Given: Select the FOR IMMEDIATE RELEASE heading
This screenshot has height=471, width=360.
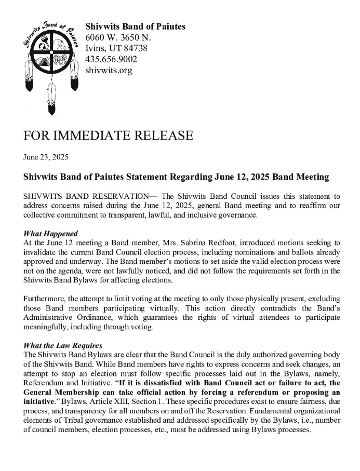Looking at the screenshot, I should click(x=108, y=136).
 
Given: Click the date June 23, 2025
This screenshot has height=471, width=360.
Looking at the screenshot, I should click(x=46, y=156).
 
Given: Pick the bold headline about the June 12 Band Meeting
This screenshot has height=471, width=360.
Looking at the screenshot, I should click(x=176, y=177).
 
